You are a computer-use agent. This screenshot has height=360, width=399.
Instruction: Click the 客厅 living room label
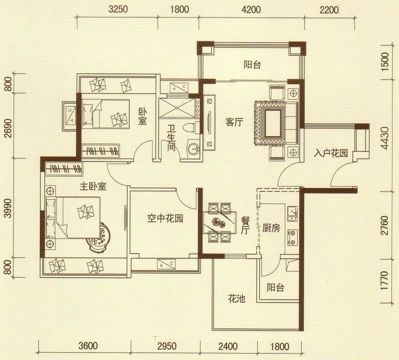233,122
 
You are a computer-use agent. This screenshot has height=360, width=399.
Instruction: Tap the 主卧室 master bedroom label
94,187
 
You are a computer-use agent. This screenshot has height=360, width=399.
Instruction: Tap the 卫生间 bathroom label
171,138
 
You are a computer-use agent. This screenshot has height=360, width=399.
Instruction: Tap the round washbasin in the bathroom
192,148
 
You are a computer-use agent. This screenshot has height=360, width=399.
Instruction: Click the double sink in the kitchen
292,212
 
